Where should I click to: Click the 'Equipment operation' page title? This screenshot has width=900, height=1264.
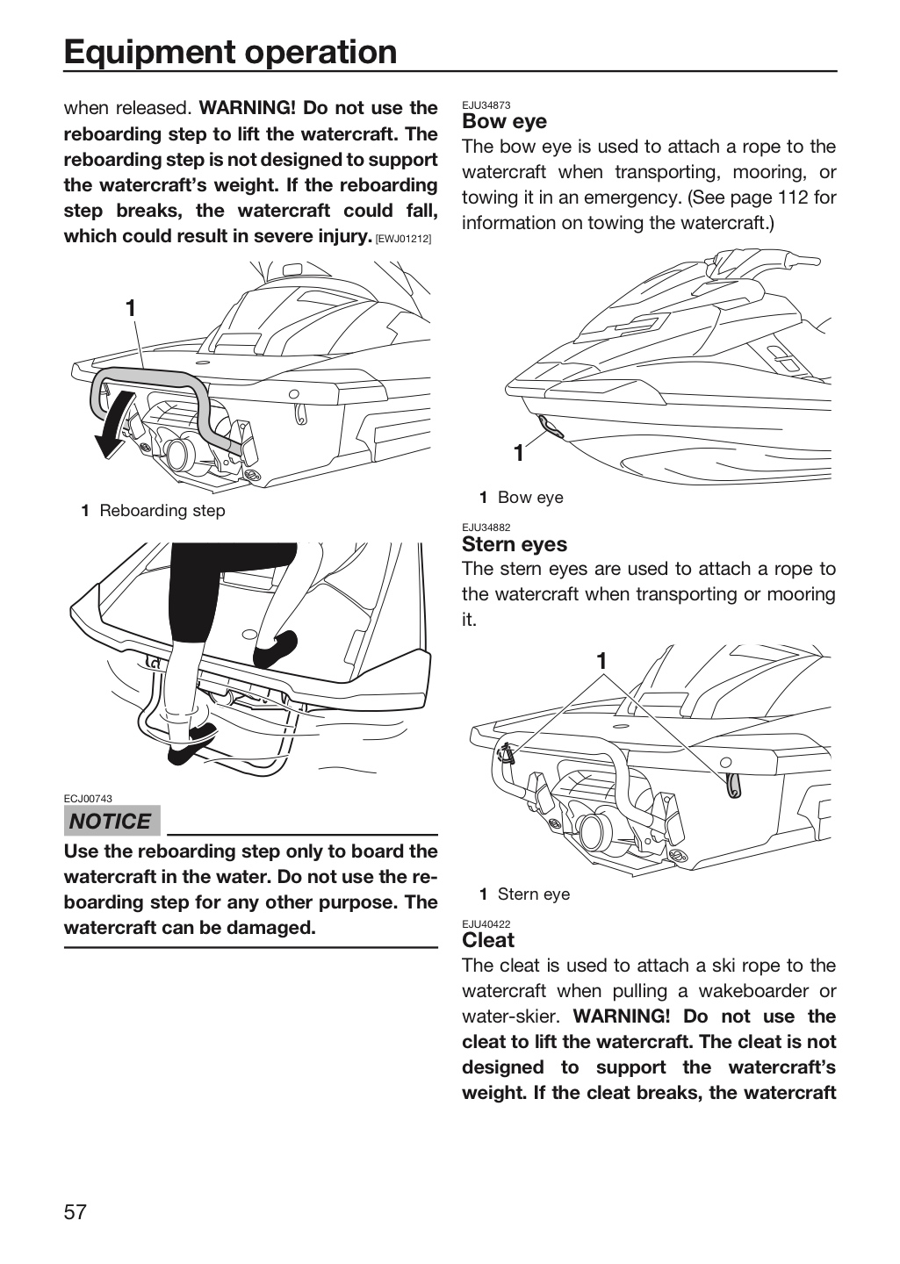pyautogui.click(x=230, y=53)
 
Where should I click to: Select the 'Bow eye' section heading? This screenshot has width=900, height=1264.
pyautogui.click(x=504, y=121)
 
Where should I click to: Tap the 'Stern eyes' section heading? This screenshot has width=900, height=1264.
pyautogui.click(x=515, y=544)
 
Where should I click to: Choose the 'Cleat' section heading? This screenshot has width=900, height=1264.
pyautogui.click(x=488, y=940)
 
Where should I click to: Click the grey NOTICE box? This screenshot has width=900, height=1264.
pyautogui.click(x=112, y=821)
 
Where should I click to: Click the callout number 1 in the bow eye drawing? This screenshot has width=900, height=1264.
pyautogui.click(x=519, y=453)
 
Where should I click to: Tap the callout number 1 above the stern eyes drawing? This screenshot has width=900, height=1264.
pyautogui.click(x=601, y=661)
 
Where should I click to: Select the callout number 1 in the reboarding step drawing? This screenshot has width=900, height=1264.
pyautogui.click(x=131, y=309)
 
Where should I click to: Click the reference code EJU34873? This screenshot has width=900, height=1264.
pyautogui.click(x=486, y=105)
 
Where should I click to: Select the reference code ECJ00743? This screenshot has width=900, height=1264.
pyautogui.click(x=88, y=799)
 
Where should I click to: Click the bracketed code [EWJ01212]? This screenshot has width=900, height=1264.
pyautogui.click(x=403, y=240)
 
